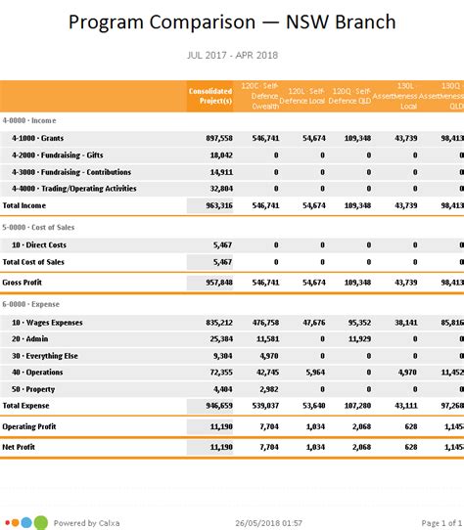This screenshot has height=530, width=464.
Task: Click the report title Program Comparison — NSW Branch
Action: point(232,22)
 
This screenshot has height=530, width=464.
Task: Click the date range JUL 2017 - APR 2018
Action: point(232,57)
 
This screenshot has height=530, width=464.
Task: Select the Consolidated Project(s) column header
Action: point(210,96)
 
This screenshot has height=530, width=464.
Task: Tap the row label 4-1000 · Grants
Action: point(38,139)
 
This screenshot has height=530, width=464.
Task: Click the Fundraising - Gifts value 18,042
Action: point(220,155)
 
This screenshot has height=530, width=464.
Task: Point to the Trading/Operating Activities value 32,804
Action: point(220,189)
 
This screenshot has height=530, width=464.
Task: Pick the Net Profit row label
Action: point(21,447)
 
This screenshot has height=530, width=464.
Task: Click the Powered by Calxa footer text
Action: point(88,523)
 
